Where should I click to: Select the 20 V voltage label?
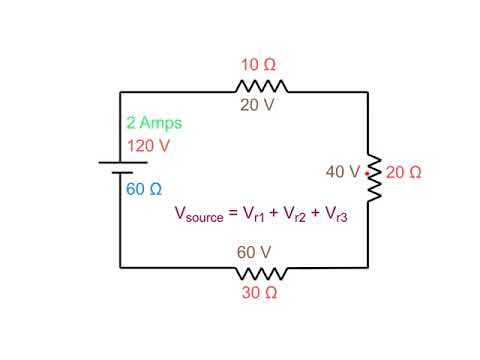pyautogui.click(x=256, y=105)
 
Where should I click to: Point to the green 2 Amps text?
pyautogui.click(x=153, y=123)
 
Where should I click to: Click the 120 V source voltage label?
pyautogui.click(x=147, y=145)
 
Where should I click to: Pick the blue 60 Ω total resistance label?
pyautogui.click(x=144, y=188)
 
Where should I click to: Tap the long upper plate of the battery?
pyautogui.click(x=120, y=161)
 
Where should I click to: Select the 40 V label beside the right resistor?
pyautogui.click(x=342, y=172)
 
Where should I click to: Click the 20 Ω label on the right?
pyautogui.click(x=403, y=172)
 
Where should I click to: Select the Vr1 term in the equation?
pyautogui.click(x=259, y=215)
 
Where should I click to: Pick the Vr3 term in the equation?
pyautogui.click(x=343, y=215)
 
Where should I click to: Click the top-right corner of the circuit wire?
pyautogui.click(x=368, y=92)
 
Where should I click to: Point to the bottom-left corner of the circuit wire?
pyautogui.click(x=120, y=268)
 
